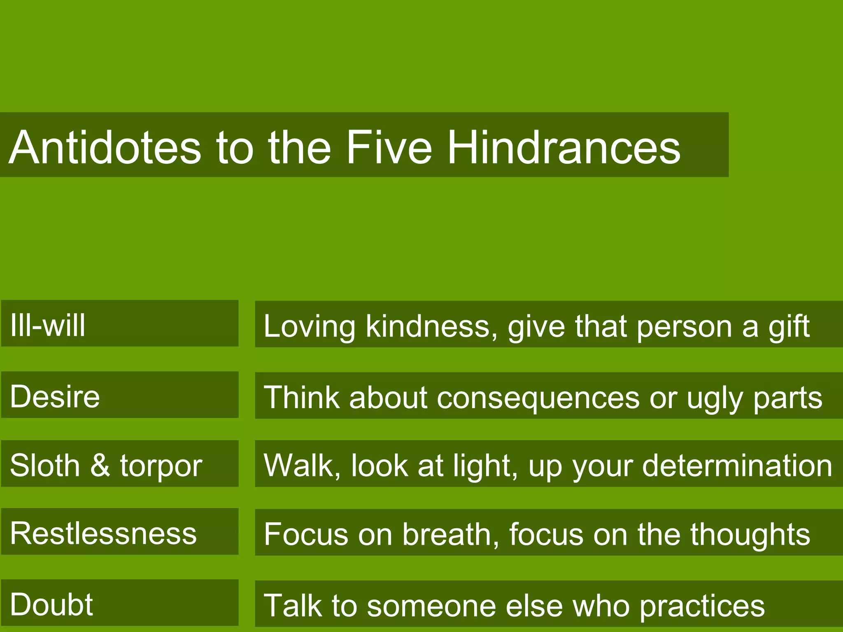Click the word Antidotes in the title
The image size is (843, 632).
pos(105,147)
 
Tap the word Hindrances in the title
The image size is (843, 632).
pos(564,147)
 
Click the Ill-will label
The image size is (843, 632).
pos(48,325)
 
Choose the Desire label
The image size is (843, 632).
pos(55,396)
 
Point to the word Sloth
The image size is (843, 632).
pos(45,465)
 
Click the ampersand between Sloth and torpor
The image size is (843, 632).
pos(100,465)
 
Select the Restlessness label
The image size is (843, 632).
pos(103,533)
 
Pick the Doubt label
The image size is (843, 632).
pos(51,604)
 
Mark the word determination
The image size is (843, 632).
pos(737,465)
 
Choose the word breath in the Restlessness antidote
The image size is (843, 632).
pos(450,534)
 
